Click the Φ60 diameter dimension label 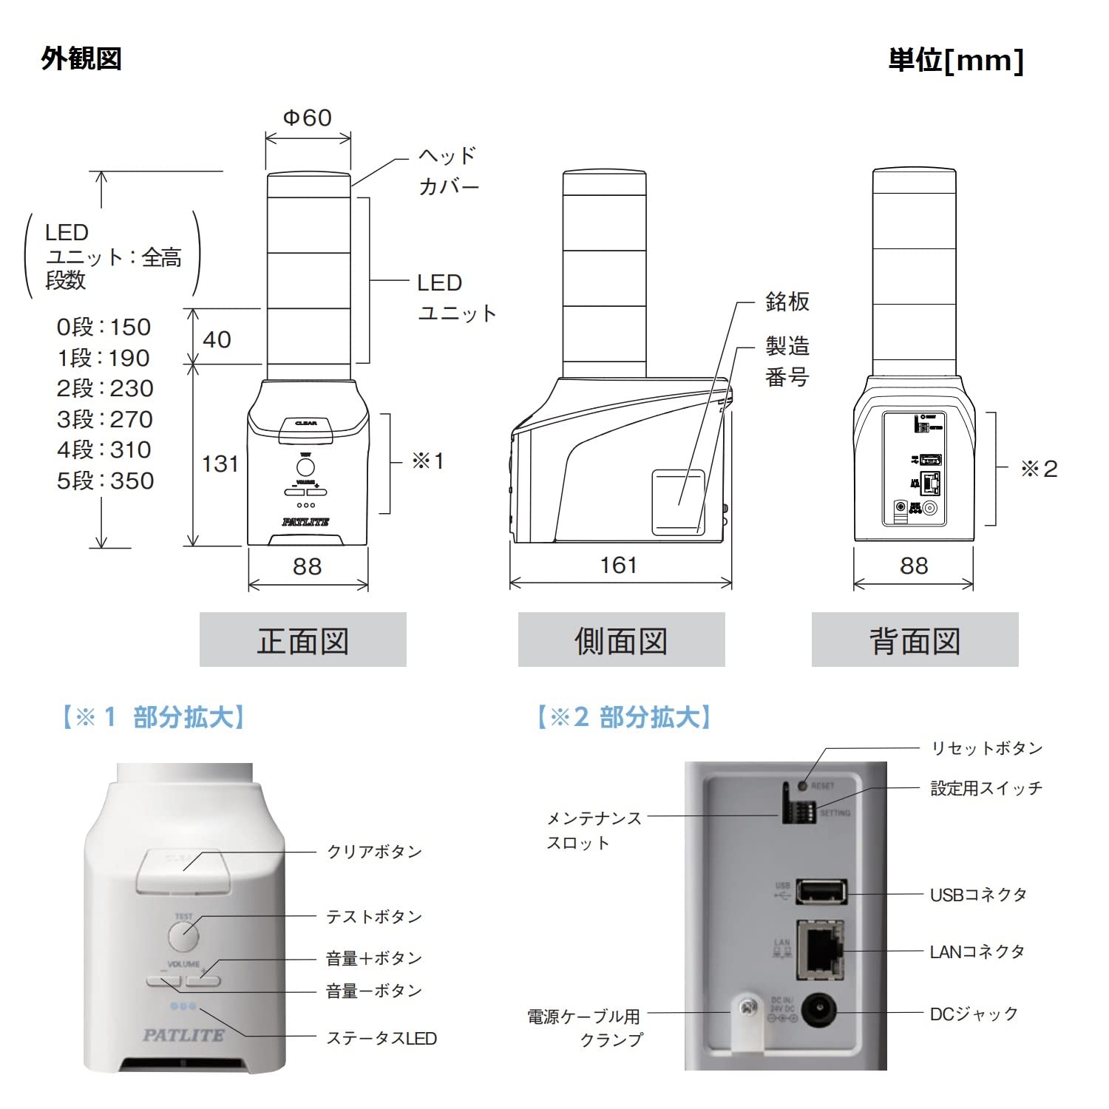[308, 118]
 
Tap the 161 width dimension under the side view [618, 566]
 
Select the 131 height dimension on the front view [220, 464]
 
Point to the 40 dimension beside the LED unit [217, 339]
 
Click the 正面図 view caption [303, 640]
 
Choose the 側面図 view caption [621, 640]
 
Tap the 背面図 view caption [915, 640]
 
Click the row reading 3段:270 [105, 419]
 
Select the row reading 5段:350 [105, 481]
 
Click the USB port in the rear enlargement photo [822, 892]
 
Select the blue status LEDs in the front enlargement [183, 1006]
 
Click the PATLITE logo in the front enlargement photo [183, 1035]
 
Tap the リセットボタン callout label [986, 748]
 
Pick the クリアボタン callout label [374, 852]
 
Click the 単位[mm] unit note [955, 60]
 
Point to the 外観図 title [81, 58]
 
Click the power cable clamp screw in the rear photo [749, 1007]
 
